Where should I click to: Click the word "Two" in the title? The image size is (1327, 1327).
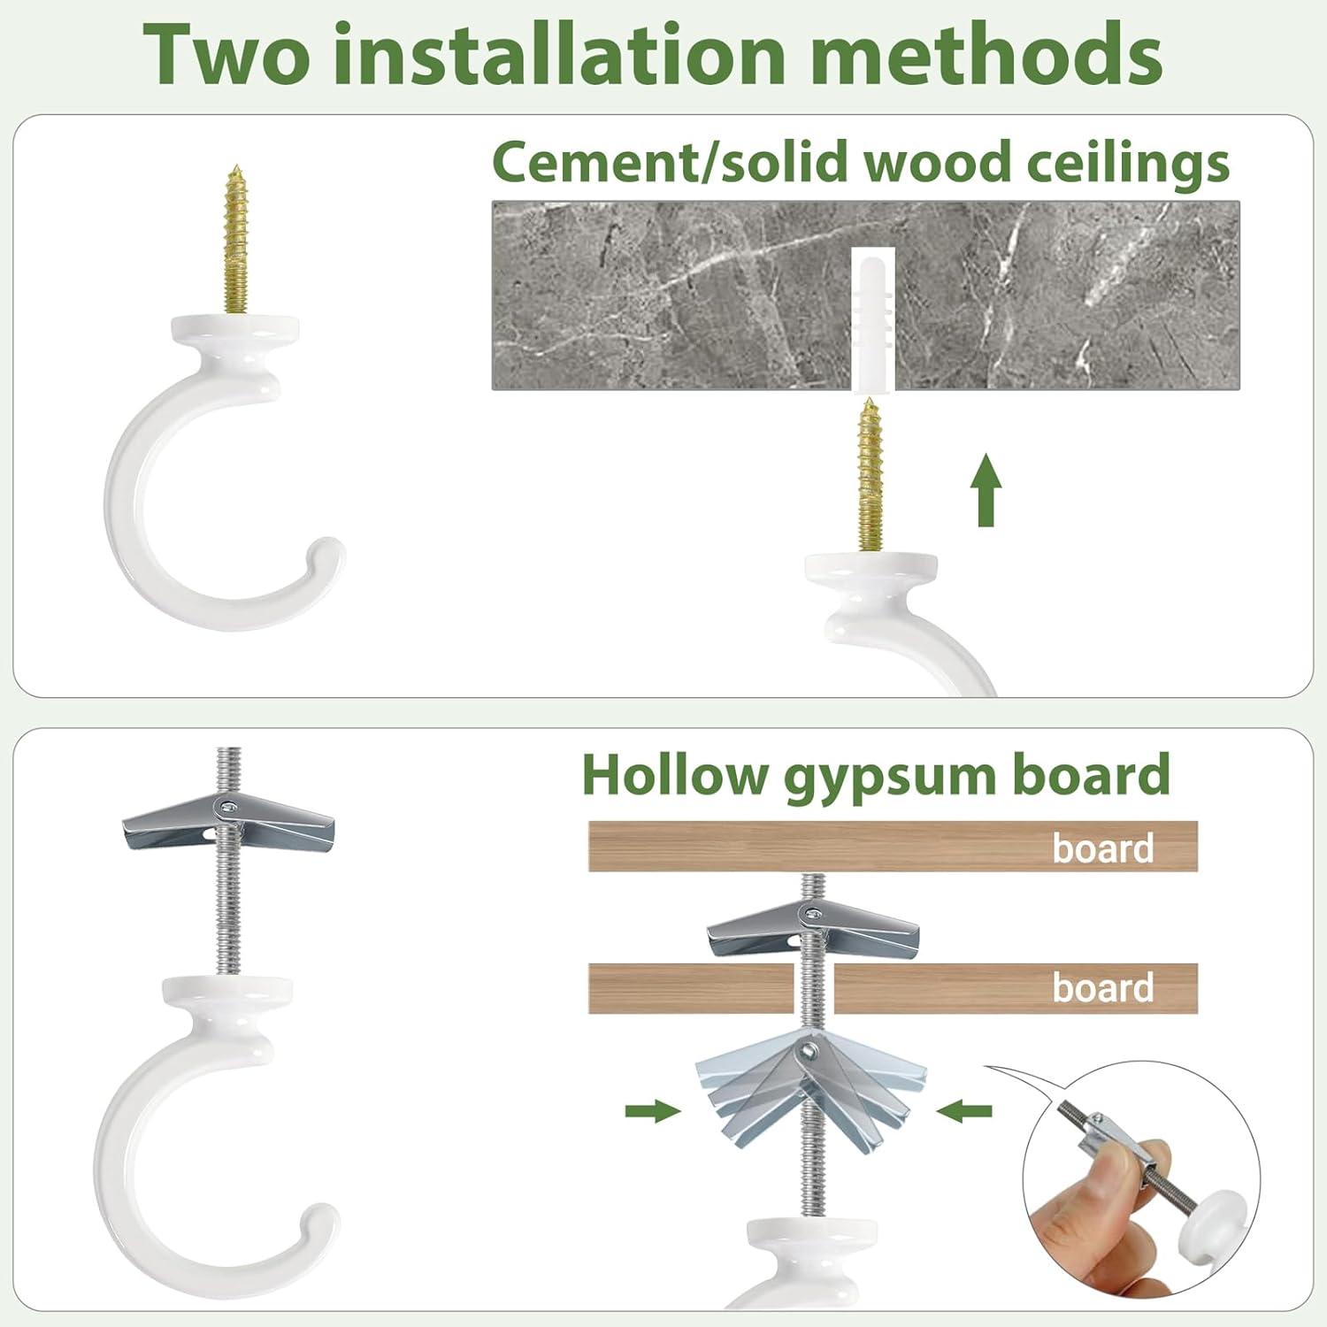pos(225,54)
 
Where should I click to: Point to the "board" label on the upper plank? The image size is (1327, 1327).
pos(1103,848)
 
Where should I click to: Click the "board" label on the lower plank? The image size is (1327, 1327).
pos(1103,987)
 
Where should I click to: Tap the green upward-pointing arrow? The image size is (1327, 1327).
pos(986,489)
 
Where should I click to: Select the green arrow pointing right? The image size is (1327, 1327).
pos(653,1111)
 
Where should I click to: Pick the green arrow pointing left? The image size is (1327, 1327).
pos(964,1111)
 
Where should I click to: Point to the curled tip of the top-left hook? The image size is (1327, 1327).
pos(324,557)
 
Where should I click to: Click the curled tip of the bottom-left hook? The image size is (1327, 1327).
pos(318,1224)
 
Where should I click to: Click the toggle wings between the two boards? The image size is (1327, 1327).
pos(813,933)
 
